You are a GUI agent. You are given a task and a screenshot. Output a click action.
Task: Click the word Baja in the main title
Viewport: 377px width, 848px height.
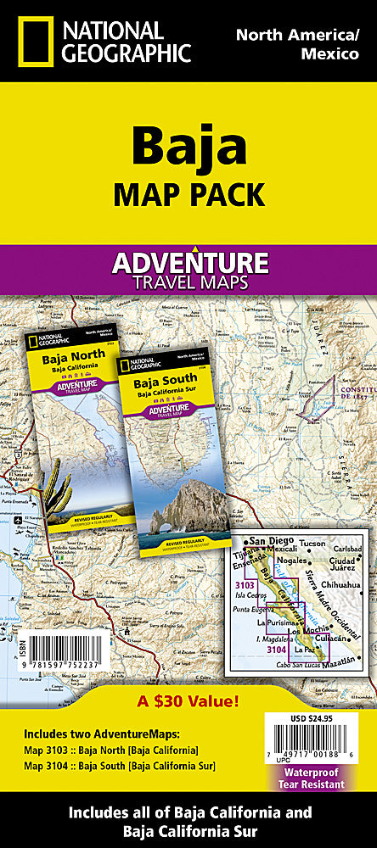[x=188, y=147]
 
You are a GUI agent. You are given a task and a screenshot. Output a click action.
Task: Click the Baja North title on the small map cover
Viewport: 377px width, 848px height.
[x=77, y=354]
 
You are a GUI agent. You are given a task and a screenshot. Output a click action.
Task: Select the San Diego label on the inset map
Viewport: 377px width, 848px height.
[x=269, y=542]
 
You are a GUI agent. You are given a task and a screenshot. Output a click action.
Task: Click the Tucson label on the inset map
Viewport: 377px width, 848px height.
[x=312, y=543]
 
